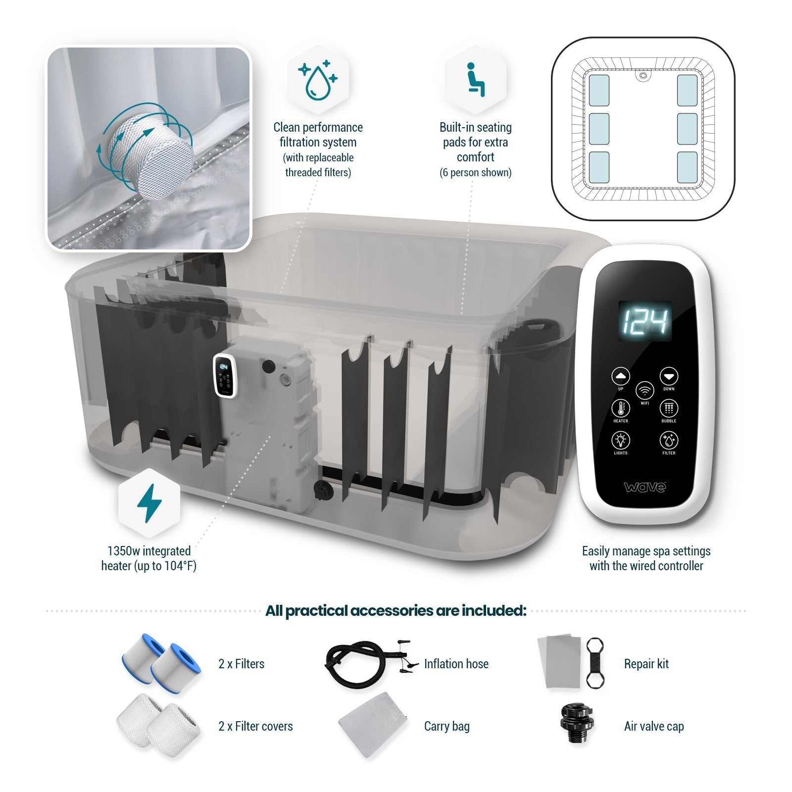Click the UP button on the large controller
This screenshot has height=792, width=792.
621,376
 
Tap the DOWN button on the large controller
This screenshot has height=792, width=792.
669,376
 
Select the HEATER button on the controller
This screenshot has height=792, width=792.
621,408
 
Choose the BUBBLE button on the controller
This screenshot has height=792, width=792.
669,408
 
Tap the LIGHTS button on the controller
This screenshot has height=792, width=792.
621,440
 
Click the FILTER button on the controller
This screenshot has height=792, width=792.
669,440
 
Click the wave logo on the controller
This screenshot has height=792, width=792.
645,487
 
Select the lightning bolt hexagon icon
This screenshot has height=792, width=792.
149,503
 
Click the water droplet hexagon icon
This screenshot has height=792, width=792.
318,79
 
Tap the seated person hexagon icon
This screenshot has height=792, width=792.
475,79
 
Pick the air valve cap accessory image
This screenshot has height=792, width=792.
576,724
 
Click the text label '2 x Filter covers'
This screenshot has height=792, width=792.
255,726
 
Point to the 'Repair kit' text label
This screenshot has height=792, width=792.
646,664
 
